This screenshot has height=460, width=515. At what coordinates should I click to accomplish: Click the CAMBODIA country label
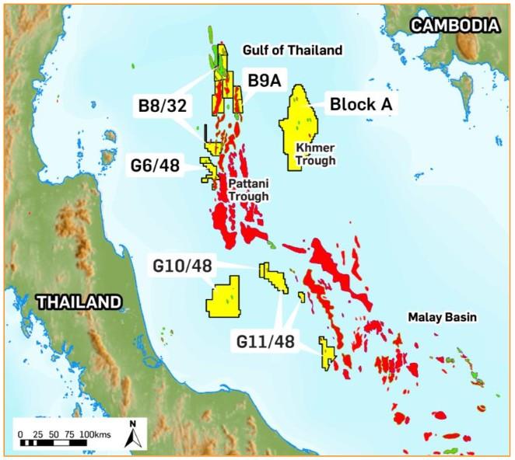[x=454, y=26]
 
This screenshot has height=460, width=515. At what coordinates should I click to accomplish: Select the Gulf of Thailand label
[x=292, y=51]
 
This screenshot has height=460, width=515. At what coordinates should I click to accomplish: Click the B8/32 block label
[x=161, y=106]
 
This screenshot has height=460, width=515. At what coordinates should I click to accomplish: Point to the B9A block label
[x=265, y=80]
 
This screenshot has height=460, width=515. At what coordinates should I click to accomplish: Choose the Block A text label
[x=363, y=104]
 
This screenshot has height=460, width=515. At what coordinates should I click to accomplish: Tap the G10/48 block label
[x=182, y=267]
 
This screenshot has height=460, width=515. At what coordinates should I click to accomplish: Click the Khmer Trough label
[x=314, y=154]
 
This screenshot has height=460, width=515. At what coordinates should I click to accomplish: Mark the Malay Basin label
[x=438, y=318]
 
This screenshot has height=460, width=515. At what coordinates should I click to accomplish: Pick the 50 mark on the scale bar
[x=54, y=432]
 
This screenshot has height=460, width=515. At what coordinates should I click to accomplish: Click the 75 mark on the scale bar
[x=71, y=432]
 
